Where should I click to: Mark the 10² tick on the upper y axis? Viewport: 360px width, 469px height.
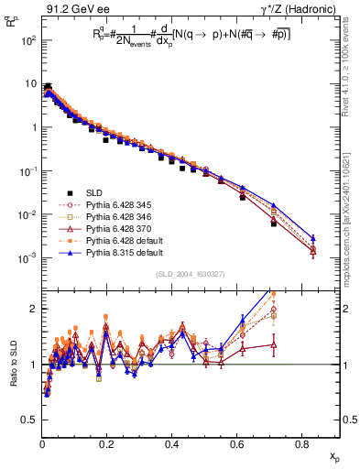(x=28, y=42)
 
